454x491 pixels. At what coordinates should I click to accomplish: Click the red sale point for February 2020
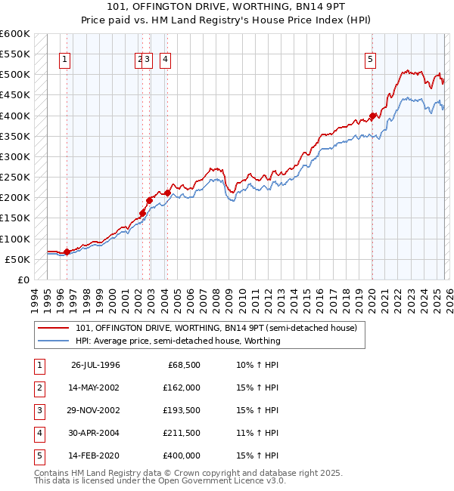pos(372,116)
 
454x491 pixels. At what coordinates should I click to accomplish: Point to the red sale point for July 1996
pos(67,252)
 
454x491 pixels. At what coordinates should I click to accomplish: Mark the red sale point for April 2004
pos(167,193)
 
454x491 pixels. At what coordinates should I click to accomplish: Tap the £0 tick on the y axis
pos(23,279)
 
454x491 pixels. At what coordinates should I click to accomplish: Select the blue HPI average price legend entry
pos(178,341)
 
